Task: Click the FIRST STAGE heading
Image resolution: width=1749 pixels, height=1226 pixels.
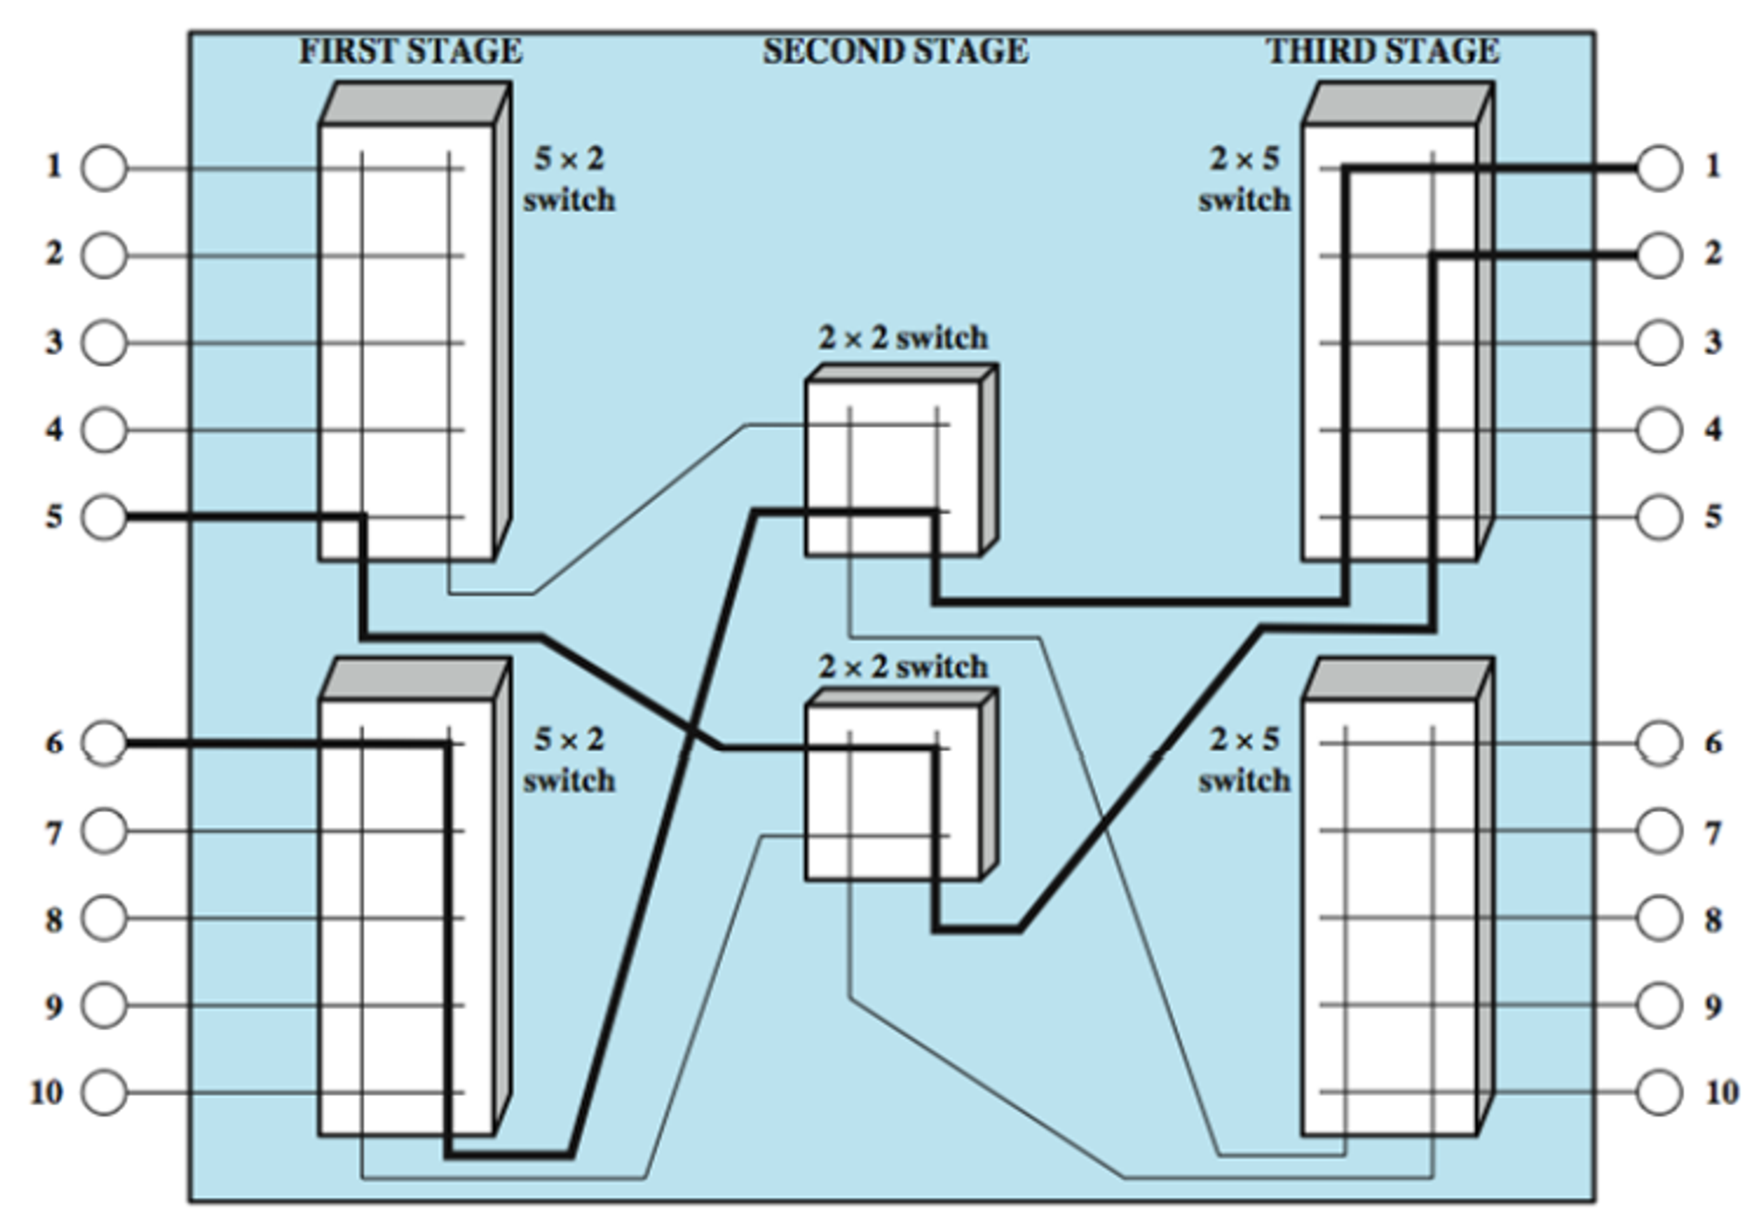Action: [x=410, y=51]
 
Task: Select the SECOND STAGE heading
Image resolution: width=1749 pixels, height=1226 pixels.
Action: [x=895, y=51]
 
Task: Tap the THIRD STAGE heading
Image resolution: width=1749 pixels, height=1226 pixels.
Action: [x=1383, y=51]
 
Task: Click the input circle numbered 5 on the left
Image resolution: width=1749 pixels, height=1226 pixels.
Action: [x=104, y=517]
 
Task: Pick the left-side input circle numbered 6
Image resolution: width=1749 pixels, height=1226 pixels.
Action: [x=104, y=743]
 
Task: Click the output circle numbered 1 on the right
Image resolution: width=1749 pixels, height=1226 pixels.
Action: [x=1659, y=168]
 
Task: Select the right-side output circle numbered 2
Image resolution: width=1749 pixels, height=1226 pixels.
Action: [x=1659, y=255]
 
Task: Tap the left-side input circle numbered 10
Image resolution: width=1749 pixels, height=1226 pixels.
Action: [x=104, y=1092]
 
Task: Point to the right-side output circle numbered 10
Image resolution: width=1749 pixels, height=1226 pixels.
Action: [x=1659, y=1092]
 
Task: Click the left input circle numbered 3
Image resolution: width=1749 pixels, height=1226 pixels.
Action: [x=104, y=342]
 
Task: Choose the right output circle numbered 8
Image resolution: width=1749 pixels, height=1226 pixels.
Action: [x=1659, y=918]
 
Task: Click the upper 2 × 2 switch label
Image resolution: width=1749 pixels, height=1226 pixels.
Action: [x=903, y=338]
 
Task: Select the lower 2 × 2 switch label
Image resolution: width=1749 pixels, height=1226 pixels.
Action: [x=903, y=667]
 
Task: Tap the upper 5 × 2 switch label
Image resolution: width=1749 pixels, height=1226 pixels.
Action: [x=569, y=179]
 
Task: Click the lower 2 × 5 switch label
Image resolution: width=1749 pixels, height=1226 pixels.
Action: [x=1244, y=759]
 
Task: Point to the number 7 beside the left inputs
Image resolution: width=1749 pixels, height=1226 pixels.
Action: [x=54, y=833]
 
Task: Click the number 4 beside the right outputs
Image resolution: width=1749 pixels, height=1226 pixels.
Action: [x=1713, y=429]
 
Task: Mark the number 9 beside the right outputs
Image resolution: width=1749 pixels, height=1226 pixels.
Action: [x=1713, y=1007]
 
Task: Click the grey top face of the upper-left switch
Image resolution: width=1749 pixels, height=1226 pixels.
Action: [x=415, y=103]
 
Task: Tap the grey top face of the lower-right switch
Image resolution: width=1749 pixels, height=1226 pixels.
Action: [x=1397, y=679]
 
